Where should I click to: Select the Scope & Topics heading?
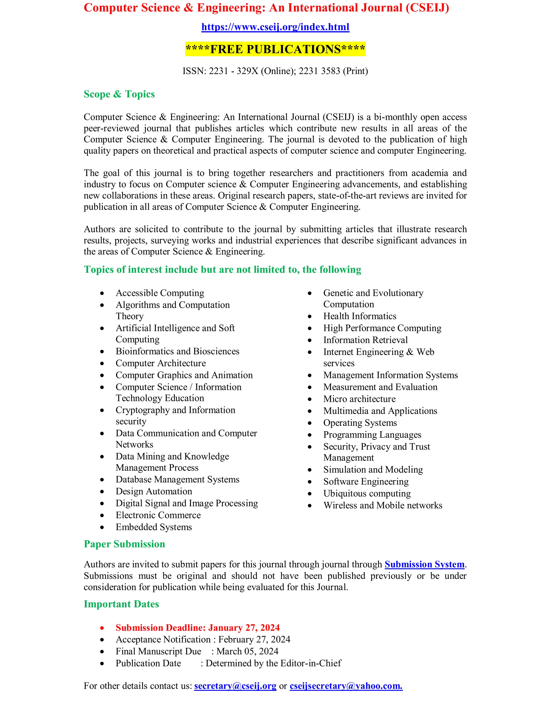click(x=119, y=94)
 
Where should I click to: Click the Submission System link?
click(x=424, y=565)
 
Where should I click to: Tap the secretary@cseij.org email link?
click(x=235, y=686)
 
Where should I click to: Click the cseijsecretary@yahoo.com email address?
click(x=346, y=686)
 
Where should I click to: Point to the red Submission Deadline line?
click(x=198, y=628)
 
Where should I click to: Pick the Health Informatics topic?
click(x=360, y=316)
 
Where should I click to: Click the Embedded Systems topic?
click(x=154, y=527)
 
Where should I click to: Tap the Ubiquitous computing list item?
click(x=367, y=494)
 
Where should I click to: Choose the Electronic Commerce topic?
click(x=158, y=515)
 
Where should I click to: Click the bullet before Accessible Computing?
click(x=102, y=294)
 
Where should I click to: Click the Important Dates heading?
click(x=121, y=604)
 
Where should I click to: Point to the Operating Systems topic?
click(x=360, y=423)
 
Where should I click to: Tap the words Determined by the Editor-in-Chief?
click(x=273, y=663)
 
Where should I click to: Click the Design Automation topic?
click(x=154, y=491)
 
